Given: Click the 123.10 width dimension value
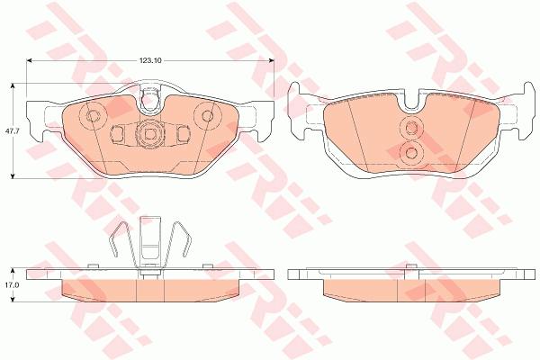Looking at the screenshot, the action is pos(150,60).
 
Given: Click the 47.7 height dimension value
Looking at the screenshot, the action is pos(10,130).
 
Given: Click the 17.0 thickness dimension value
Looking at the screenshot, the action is pos(10,285).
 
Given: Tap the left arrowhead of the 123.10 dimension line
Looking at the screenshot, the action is pos(29,60).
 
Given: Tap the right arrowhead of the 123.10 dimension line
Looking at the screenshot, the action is pos(272,60).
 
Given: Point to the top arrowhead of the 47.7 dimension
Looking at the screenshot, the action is pos(13,85).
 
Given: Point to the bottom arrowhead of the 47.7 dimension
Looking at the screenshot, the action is pos(13,176).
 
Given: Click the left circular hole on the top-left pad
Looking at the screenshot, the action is pos(93,116).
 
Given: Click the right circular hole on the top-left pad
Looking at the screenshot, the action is pos(207,116).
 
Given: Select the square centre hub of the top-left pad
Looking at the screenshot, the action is pos(149,134).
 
